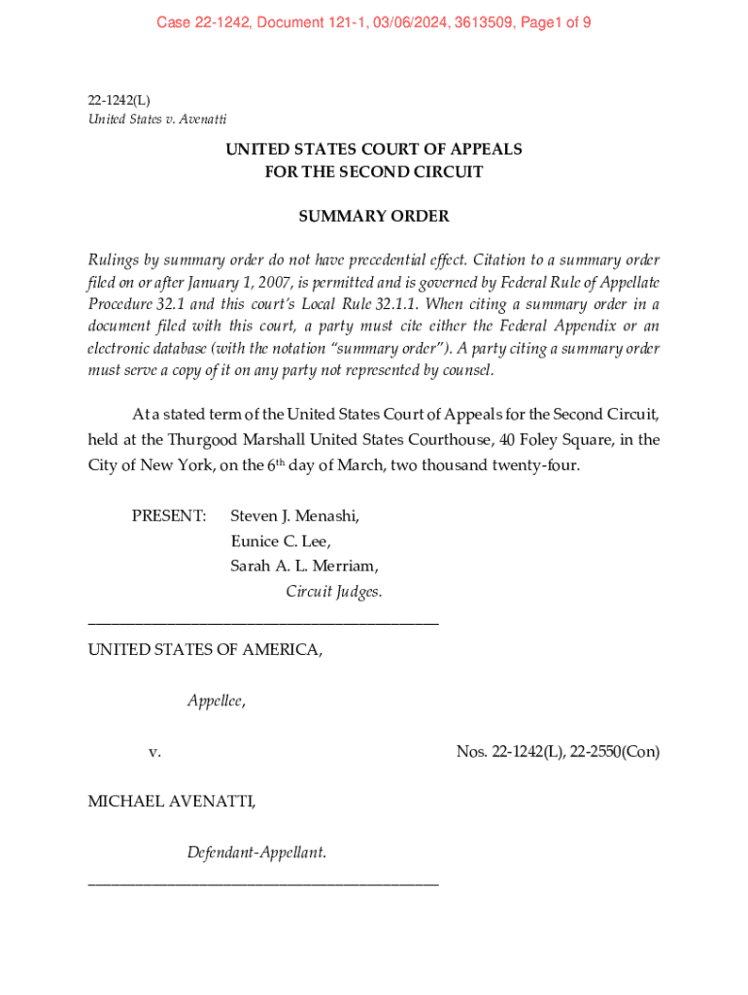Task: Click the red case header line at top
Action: tap(374, 22)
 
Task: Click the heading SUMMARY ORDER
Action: tap(374, 217)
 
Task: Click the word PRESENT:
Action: tap(169, 515)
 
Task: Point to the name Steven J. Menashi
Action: tap(295, 515)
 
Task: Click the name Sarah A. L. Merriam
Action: tap(304, 566)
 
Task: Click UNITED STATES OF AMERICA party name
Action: tap(205, 649)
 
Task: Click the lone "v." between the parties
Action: tap(154, 751)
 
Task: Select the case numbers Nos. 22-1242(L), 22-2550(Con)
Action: tap(558, 751)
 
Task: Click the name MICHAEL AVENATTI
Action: tap(172, 802)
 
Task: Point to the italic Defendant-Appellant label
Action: tap(256, 853)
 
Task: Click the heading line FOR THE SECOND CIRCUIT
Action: tap(374, 172)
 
